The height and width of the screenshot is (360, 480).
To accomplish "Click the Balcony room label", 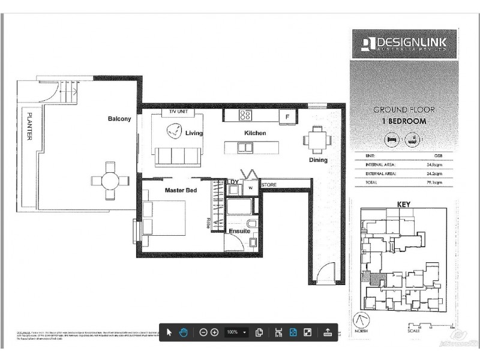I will (119, 119).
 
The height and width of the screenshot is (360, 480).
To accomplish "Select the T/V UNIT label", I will (178, 112).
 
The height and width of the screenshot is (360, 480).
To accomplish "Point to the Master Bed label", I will (181, 190).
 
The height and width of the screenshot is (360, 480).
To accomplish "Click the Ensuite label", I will (239, 231).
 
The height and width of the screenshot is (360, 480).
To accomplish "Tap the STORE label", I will (269, 185).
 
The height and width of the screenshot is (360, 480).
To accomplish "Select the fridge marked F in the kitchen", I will (287, 116).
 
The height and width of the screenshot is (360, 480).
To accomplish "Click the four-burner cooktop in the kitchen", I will (246, 115).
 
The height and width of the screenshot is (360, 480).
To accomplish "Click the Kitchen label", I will (254, 133).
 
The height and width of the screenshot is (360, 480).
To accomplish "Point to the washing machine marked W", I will (251, 187).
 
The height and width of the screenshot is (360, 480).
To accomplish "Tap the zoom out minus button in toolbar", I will (203, 332).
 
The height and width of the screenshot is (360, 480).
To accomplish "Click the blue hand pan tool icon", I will (184, 332).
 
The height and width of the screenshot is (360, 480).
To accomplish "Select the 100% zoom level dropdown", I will (236, 332).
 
